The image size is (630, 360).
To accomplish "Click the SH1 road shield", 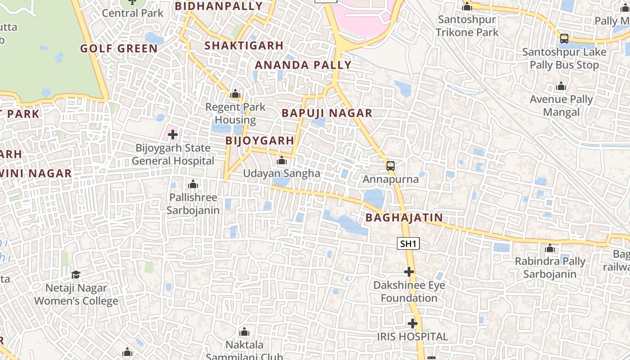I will click(x=409, y=244).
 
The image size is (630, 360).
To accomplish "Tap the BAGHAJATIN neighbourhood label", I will click(x=404, y=218).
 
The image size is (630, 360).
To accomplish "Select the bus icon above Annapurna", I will click(x=391, y=166).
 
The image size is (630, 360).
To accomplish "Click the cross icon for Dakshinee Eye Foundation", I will click(x=409, y=272).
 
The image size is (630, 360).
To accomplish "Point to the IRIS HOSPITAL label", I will click(x=412, y=337).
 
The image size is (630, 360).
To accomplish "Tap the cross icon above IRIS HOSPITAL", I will click(x=412, y=324).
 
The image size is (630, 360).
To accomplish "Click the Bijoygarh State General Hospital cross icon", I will click(x=173, y=135).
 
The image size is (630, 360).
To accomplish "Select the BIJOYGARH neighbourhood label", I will click(x=260, y=141).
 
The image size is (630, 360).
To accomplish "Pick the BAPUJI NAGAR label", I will click(x=327, y=113).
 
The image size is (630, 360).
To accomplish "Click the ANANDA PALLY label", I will click(x=303, y=65).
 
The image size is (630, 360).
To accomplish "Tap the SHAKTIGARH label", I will click(x=244, y=46).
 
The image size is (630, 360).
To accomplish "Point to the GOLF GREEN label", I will click(x=119, y=49).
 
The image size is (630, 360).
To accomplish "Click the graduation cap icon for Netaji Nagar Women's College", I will click(x=76, y=274).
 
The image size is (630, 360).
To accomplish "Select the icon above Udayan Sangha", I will click(x=282, y=160).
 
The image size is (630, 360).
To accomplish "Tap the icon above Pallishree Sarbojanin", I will click(x=193, y=184).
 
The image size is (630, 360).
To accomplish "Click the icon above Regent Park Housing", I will click(x=235, y=94).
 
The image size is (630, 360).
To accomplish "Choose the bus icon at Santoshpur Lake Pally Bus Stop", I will click(x=564, y=39).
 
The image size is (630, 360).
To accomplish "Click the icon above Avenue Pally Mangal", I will click(x=561, y=86).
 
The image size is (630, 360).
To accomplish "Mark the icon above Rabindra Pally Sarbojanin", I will click(x=550, y=248).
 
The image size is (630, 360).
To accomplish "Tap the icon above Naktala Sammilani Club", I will click(x=244, y=332).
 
